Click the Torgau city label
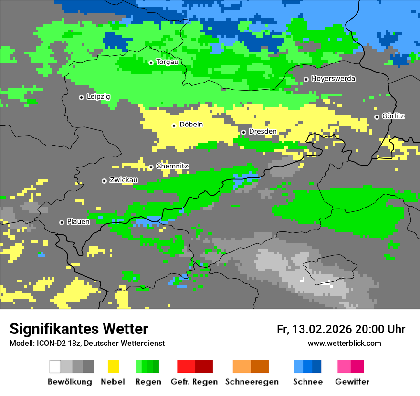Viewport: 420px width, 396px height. (x=167, y=62)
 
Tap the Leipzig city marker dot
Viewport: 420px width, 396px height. (x=81, y=97)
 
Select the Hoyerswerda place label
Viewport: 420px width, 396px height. (x=333, y=79)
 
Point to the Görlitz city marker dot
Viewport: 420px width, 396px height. (x=377, y=117)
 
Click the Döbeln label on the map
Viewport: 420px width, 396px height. (x=191, y=125)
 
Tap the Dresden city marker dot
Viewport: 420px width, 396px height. (x=243, y=132)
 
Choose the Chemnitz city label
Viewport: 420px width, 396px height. (x=172, y=167)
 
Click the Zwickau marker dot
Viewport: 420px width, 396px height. (x=104, y=181)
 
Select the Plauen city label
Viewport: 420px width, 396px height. (x=78, y=222)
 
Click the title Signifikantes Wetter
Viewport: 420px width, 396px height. (x=79, y=329)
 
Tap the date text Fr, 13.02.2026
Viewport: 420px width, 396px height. (x=314, y=329)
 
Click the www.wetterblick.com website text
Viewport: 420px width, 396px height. (x=344, y=344)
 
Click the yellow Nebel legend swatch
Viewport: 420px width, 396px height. (x=113, y=366)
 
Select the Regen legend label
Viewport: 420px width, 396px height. (x=147, y=382)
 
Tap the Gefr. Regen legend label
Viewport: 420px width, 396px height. (x=194, y=382)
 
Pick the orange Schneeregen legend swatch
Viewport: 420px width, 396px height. (x=241, y=366)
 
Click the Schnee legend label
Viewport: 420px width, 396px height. (x=308, y=382)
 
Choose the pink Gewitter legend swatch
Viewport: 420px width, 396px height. (x=344, y=366)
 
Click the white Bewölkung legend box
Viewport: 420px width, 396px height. (x=55, y=366)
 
